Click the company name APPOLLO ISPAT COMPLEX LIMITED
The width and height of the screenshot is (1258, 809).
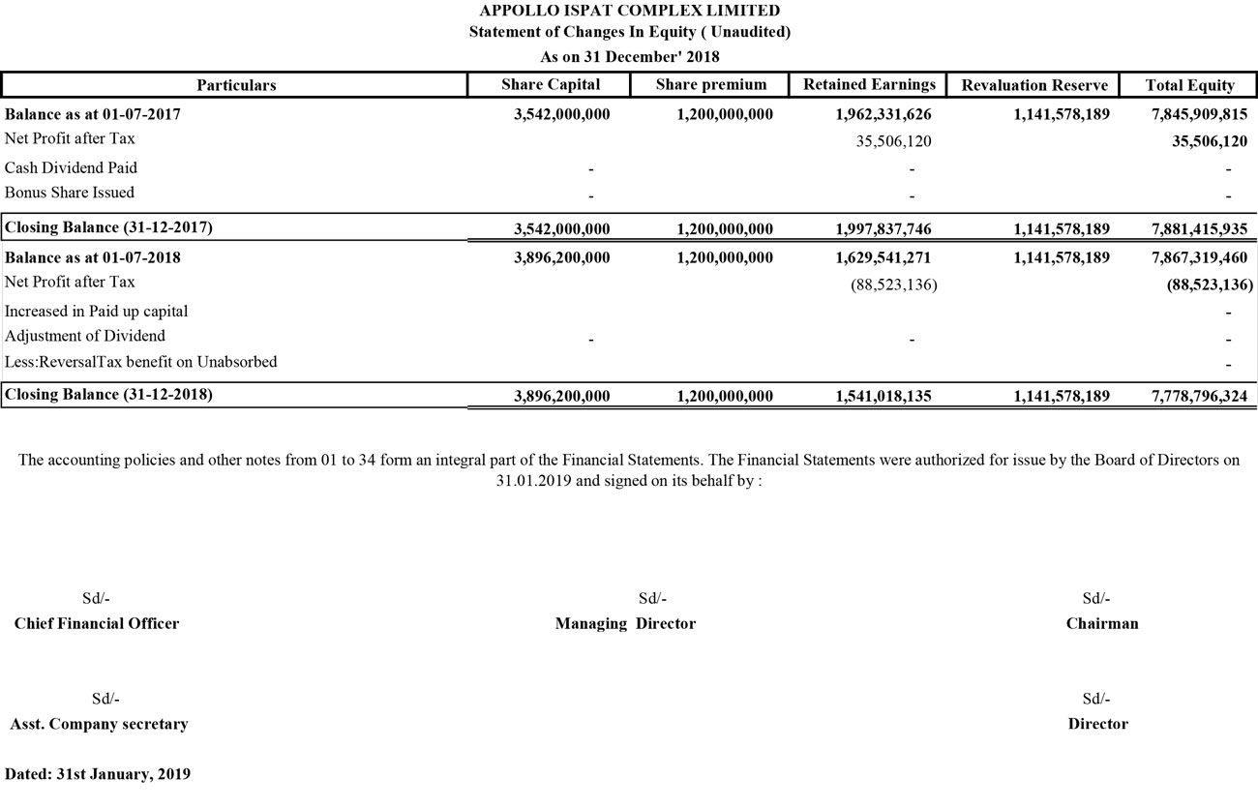pyautogui.click(x=629, y=11)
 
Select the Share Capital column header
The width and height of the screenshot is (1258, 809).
pyautogui.click(x=551, y=85)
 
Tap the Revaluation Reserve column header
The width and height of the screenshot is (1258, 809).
pyautogui.click(x=1034, y=85)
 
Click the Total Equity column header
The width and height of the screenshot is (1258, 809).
pyautogui.click(x=1189, y=85)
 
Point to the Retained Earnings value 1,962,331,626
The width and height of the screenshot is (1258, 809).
pyautogui.click(x=883, y=114)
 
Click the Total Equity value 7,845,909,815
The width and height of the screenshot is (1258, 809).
pyautogui.click(x=1192, y=114)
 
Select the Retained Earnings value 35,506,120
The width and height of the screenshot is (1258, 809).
pyautogui.click(x=893, y=141)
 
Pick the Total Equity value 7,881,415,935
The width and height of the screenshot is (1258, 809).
pyautogui.click(x=1192, y=229)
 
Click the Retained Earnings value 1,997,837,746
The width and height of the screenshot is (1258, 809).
pyautogui.click(x=883, y=229)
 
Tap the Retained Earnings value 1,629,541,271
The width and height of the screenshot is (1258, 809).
pyautogui.click(x=883, y=258)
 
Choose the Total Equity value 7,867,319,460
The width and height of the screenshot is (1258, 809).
pyautogui.click(x=1192, y=258)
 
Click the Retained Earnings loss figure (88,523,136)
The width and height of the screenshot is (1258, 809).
pyautogui.click(x=893, y=285)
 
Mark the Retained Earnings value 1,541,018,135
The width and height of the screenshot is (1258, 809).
pyautogui.click(x=883, y=396)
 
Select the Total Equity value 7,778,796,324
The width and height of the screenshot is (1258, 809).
pyautogui.click(x=1192, y=396)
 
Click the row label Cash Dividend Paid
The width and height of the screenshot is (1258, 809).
pyautogui.click(x=71, y=167)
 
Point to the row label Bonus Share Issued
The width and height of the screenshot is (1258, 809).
pyautogui.click(x=70, y=193)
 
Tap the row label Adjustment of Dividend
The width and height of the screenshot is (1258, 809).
pyautogui.click(x=85, y=336)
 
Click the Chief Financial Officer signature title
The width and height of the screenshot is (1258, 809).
pyautogui.click(x=97, y=624)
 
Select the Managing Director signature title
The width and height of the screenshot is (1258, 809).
pyautogui.click(x=625, y=624)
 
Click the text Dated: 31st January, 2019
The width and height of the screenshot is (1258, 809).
pyautogui.click(x=98, y=774)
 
